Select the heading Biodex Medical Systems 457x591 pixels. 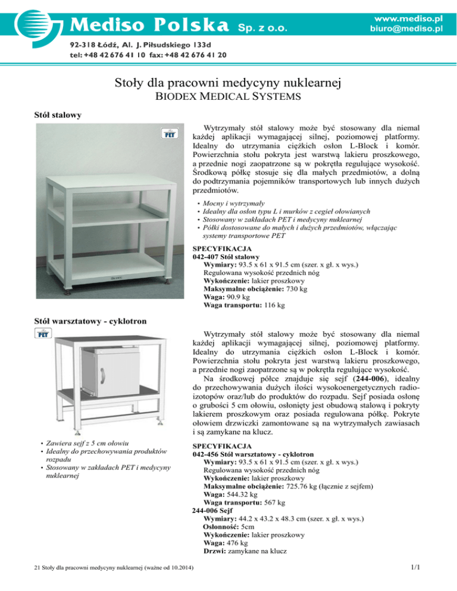[228, 95]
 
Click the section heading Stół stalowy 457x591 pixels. [57, 114]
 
